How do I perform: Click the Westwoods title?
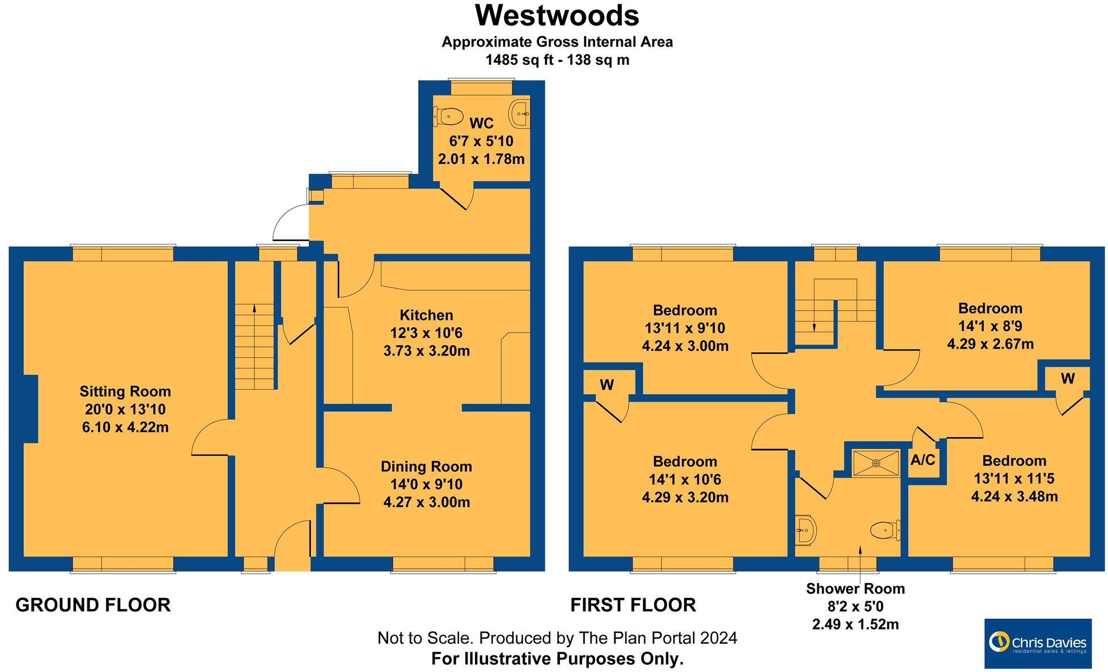coord(557,15)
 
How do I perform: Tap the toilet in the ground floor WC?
coord(448,117)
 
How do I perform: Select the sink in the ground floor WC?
coord(520,113)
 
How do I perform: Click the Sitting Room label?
coord(125,391)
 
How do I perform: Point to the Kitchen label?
coord(426,315)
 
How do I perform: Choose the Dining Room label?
coord(426,467)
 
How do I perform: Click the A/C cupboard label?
coord(923,460)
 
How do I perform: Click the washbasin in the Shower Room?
coord(806,530)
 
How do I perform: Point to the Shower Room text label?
coord(855,589)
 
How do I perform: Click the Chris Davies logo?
coord(1038,643)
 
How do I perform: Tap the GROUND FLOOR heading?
coord(93,605)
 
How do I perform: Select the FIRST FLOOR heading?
coord(633,605)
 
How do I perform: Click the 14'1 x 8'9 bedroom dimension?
coord(990,326)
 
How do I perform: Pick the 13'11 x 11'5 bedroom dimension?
coord(1014,479)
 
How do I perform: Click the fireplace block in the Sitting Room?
coord(31,408)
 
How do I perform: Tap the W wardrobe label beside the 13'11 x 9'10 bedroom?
coord(606,385)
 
